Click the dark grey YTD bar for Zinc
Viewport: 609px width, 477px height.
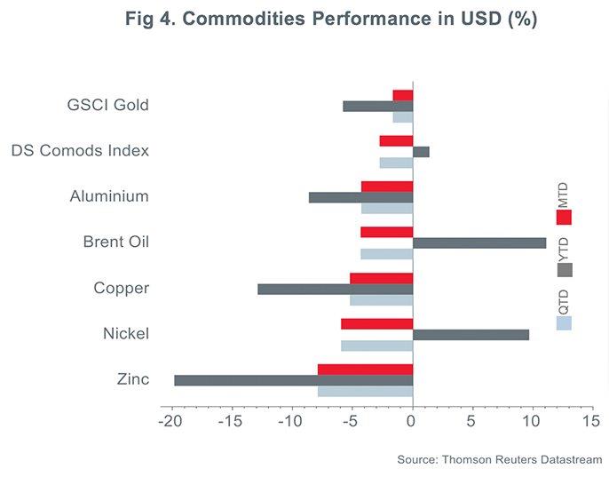click(x=293, y=380)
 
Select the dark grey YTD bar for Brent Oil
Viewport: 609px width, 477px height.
click(x=479, y=242)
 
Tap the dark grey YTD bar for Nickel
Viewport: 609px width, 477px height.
click(x=471, y=335)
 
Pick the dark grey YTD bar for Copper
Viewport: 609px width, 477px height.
click(x=336, y=289)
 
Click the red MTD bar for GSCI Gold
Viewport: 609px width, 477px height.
click(x=403, y=95)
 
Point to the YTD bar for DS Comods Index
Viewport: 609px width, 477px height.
click(x=421, y=152)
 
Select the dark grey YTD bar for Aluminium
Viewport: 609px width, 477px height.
click(x=360, y=197)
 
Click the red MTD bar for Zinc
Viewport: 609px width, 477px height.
click(x=365, y=370)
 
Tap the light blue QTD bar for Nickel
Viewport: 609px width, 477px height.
click(x=376, y=346)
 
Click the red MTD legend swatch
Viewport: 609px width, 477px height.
click(x=564, y=217)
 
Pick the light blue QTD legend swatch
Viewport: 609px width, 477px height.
click(x=564, y=323)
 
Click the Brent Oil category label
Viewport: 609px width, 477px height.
click(x=115, y=242)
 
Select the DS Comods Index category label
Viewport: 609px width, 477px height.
click(x=80, y=150)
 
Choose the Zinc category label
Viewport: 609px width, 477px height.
click(x=132, y=380)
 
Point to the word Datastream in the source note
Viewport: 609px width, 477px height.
click(x=570, y=458)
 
